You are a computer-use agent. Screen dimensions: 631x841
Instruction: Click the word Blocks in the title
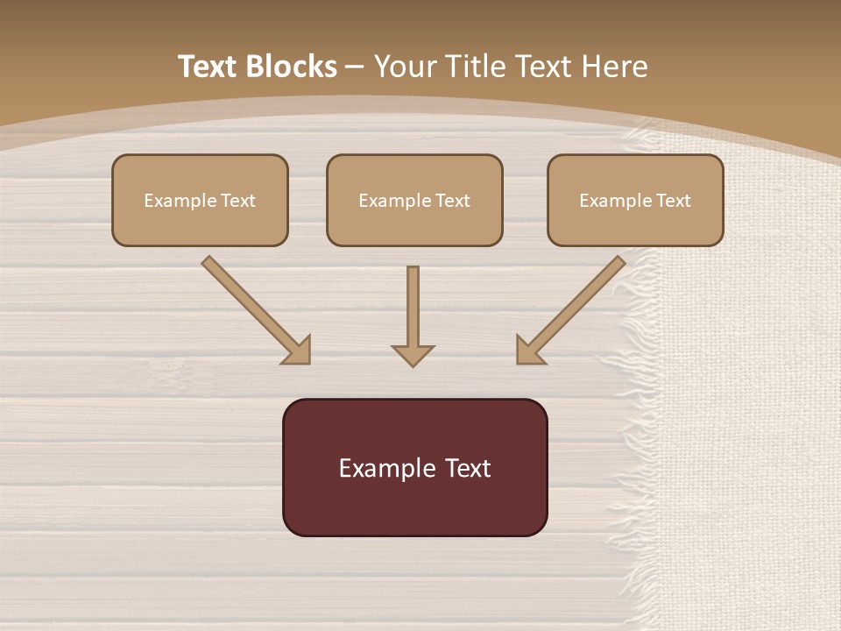pyautogui.click(x=293, y=67)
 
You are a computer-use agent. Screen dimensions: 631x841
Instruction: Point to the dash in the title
pyautogui.click(x=355, y=67)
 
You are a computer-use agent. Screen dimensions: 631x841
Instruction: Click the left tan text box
pyautogui.click(x=200, y=200)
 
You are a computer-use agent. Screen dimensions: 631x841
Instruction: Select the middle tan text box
pyautogui.click(x=414, y=200)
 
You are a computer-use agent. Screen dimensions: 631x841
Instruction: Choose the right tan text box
pyautogui.click(x=635, y=200)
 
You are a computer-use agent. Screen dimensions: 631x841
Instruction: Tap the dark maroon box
pyautogui.click(x=414, y=467)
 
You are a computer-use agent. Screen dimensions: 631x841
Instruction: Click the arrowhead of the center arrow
pyautogui.click(x=413, y=355)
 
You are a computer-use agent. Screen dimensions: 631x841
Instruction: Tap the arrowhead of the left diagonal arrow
pyautogui.click(x=298, y=351)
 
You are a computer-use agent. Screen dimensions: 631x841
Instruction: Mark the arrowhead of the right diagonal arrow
pyautogui.click(x=530, y=351)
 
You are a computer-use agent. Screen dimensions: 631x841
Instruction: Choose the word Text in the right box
pyautogui.click(x=674, y=201)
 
